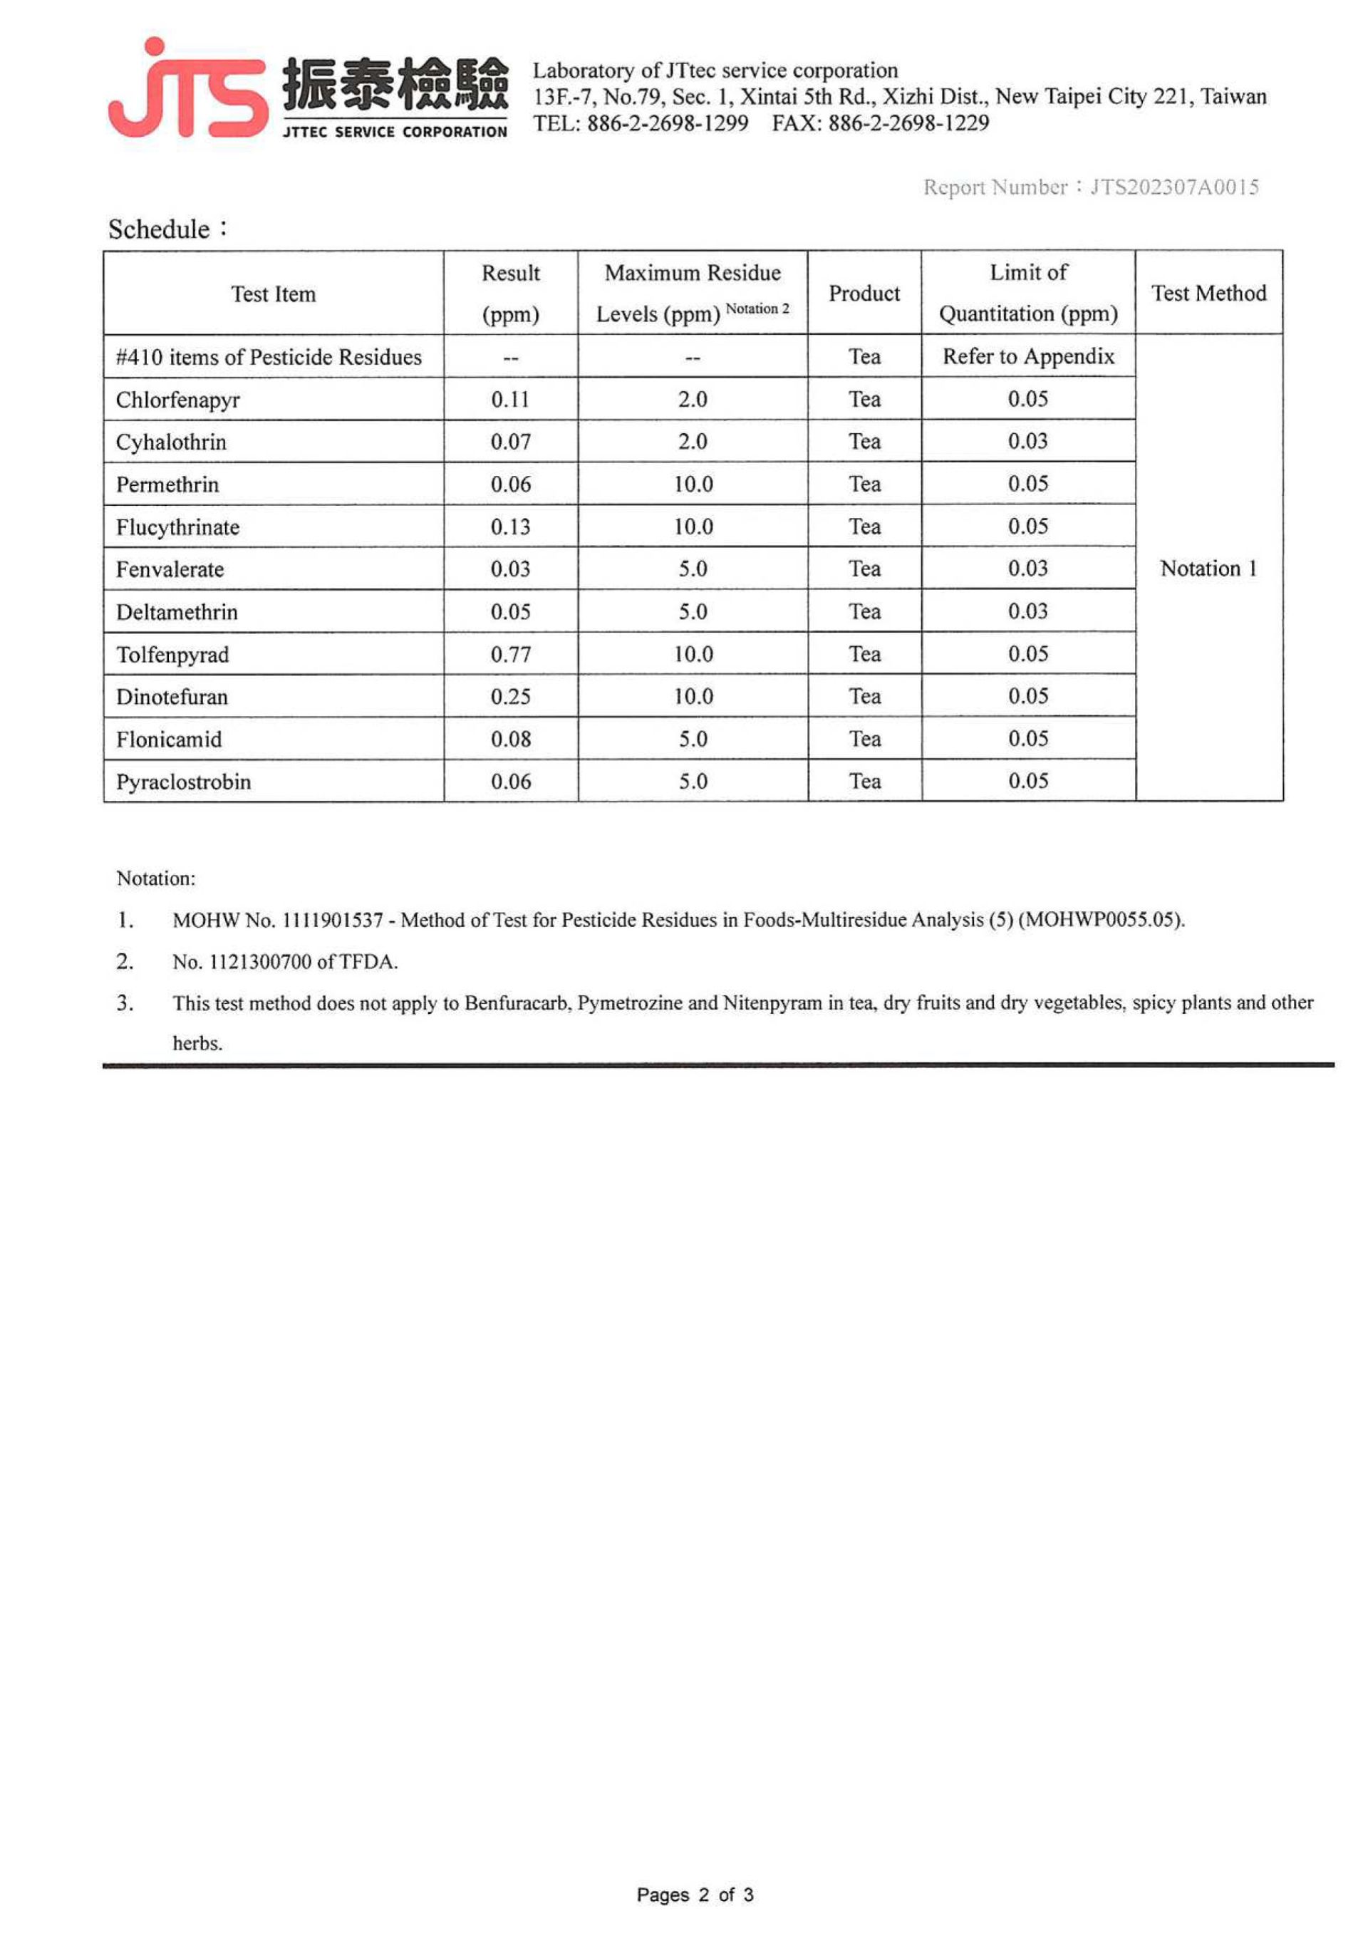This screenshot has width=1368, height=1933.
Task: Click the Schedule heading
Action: tap(159, 229)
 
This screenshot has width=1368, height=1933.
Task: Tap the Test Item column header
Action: tap(273, 294)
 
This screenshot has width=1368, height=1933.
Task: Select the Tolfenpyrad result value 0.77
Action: tap(510, 655)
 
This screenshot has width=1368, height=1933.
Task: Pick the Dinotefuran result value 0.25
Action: tap(510, 697)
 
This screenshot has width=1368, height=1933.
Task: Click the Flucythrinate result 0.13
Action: tap(510, 527)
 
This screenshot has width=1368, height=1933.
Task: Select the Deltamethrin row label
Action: tap(177, 611)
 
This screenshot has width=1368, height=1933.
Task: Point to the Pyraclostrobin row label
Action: tap(184, 782)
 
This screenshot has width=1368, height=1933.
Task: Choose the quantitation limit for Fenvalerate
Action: tap(1027, 569)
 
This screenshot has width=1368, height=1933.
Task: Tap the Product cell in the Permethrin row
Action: tap(864, 484)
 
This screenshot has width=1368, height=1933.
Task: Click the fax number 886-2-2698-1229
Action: tap(908, 124)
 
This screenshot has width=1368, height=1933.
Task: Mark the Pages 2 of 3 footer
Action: tap(695, 1895)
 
